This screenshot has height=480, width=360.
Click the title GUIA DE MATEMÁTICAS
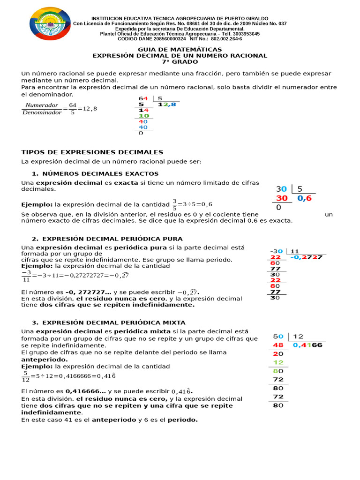[x=180, y=49]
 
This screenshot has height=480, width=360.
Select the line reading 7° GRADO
[x=180, y=62]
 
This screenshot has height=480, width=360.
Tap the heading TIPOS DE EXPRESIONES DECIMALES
[x=92, y=152]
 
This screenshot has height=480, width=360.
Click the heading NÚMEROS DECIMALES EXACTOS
[x=100, y=174]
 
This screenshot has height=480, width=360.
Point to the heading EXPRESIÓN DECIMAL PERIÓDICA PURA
[x=112, y=239]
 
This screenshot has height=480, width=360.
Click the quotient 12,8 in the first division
[x=167, y=105]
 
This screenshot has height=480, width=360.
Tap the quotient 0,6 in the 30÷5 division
[x=304, y=198]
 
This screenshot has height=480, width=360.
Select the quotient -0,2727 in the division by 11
[x=306, y=257]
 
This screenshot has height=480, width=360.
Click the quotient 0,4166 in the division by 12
[x=307, y=345]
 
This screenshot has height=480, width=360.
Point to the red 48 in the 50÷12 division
[x=278, y=345]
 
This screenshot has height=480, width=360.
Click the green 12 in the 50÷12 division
[x=278, y=362]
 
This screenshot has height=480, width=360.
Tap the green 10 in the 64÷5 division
[x=143, y=116]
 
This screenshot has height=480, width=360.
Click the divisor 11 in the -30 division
[x=294, y=251]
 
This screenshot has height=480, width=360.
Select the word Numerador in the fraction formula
[x=42, y=105]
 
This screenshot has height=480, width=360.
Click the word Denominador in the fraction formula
[x=42, y=113]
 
